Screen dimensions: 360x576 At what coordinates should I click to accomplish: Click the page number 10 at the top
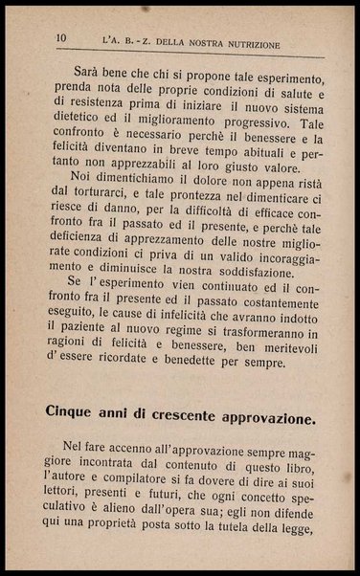60,38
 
